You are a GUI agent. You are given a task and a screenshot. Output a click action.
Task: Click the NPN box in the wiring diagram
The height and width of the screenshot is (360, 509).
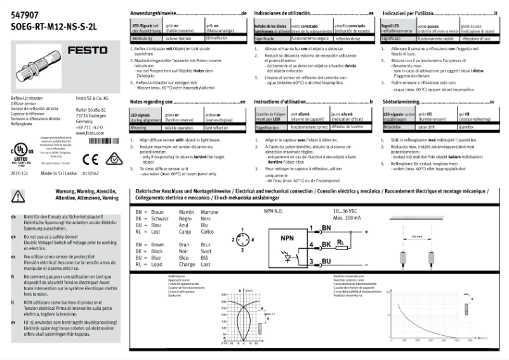click(x=287, y=239)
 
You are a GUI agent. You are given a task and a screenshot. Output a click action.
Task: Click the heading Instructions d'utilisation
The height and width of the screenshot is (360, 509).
click(x=284, y=102)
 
